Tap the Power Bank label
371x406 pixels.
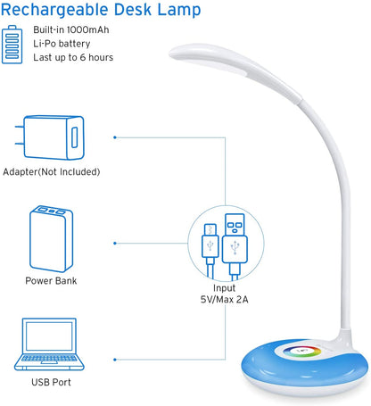(51, 280)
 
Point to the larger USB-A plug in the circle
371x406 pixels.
(236, 246)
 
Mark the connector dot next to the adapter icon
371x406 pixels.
(115, 137)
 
